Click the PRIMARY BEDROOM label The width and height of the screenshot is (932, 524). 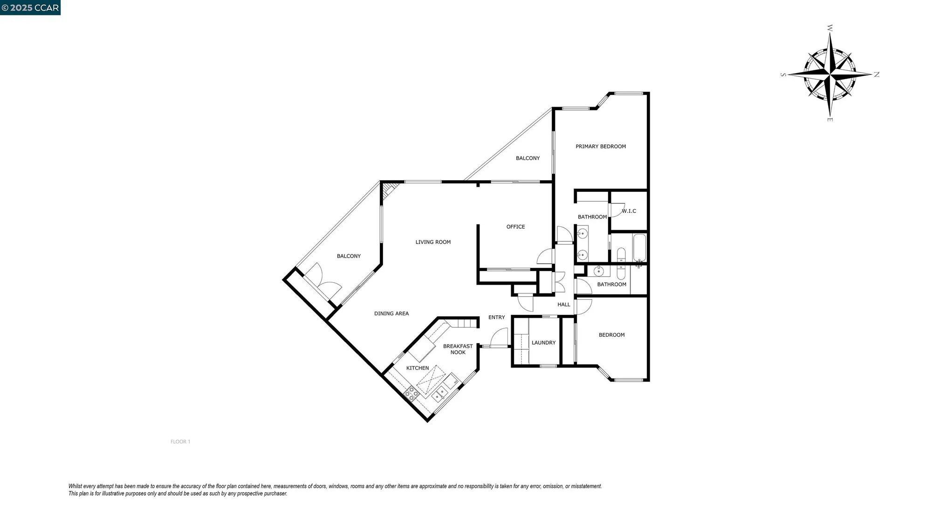coord(601,146)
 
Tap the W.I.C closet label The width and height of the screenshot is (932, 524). coord(629,211)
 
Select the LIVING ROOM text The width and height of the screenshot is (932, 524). coord(433,242)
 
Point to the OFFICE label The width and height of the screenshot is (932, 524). coord(515,227)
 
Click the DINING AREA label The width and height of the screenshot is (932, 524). coord(391,313)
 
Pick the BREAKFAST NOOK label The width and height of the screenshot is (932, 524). coord(458,349)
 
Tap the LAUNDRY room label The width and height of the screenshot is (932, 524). coord(543,342)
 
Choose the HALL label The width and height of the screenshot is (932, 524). coord(564,305)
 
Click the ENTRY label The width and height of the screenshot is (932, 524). coord(496,317)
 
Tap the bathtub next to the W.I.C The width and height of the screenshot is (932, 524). coord(639,248)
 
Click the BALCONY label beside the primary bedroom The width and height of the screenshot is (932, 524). coord(528,158)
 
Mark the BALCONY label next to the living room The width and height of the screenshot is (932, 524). coord(349,256)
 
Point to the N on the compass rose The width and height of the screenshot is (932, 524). coord(877,75)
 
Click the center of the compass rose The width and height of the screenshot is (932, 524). coord(830,74)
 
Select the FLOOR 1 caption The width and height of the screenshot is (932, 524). coord(180,442)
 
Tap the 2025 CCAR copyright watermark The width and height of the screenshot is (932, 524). coord(30,7)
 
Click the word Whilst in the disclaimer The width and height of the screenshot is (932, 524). coord(75,486)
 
